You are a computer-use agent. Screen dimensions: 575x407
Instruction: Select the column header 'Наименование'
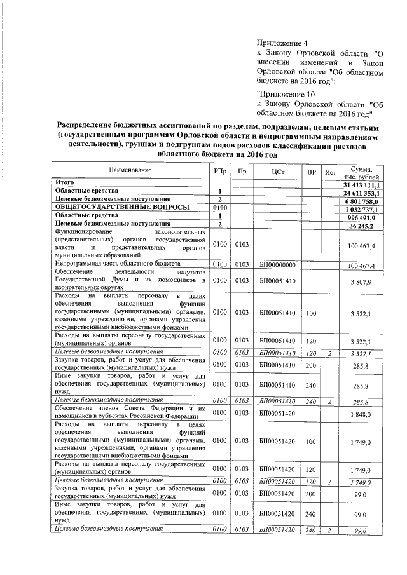(130, 172)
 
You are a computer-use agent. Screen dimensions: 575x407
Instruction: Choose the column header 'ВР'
(311, 172)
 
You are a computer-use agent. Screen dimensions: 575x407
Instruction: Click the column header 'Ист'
(330, 172)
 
